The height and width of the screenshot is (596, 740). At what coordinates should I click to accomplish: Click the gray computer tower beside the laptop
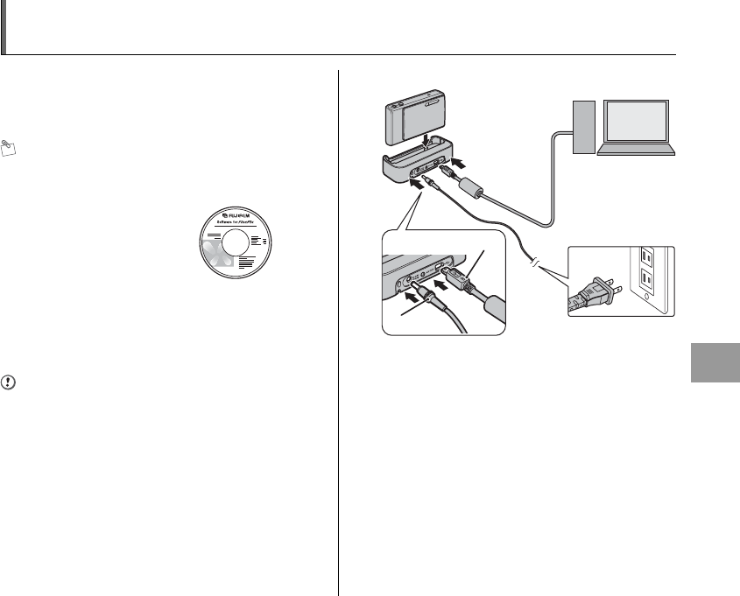tap(581, 128)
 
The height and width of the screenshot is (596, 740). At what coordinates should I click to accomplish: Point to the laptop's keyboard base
tap(635, 151)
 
